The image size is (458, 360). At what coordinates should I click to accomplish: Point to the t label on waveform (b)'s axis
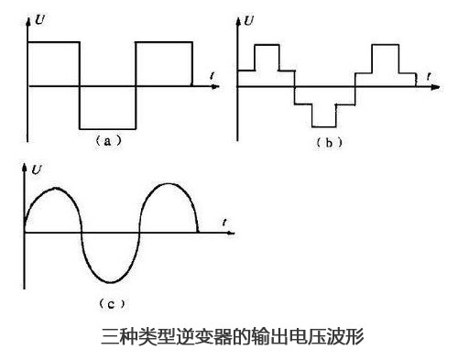click(x=429, y=73)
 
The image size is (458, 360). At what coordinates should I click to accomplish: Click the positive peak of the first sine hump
click(x=53, y=188)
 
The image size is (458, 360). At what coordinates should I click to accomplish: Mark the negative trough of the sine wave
click(x=112, y=280)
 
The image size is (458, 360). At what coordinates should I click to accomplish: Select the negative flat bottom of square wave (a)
click(x=107, y=128)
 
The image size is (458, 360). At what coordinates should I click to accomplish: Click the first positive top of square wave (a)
click(x=54, y=42)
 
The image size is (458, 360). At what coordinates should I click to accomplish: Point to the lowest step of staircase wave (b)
click(x=323, y=125)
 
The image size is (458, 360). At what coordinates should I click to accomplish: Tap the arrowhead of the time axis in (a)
click(x=217, y=85)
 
